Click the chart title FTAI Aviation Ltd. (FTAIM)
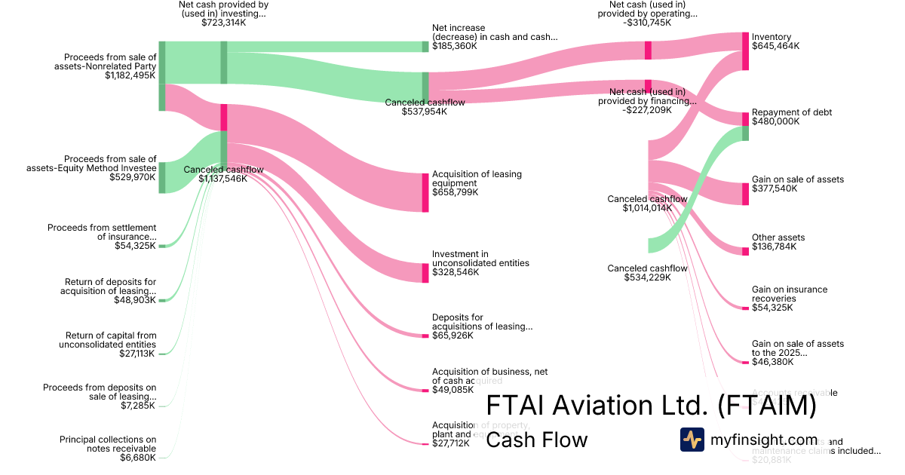(x=651, y=406)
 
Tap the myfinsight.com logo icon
(x=692, y=440)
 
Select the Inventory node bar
(x=745, y=51)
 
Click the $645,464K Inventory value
(x=775, y=46)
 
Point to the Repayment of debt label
(x=792, y=112)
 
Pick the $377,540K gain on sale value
(x=775, y=188)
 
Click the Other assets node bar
(x=745, y=251)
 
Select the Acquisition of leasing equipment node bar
(x=425, y=192)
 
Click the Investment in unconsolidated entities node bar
(x=425, y=273)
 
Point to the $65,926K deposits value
(x=452, y=336)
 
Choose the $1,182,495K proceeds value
(x=130, y=75)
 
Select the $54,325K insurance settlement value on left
(x=136, y=246)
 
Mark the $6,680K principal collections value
(x=138, y=458)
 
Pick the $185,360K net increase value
(x=455, y=46)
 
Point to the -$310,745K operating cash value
(x=648, y=23)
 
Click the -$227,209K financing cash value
(x=648, y=110)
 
